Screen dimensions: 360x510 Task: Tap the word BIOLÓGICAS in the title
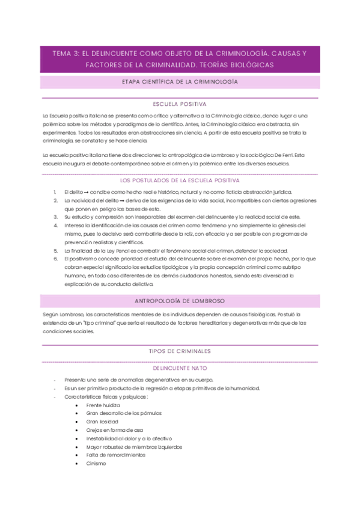[251, 64]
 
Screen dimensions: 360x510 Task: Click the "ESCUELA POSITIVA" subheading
[180, 103]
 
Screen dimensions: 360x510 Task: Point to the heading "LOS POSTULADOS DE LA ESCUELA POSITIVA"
[180, 180]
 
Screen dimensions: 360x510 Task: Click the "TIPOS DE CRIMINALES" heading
[180, 351]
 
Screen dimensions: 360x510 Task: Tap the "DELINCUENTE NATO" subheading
[180, 367]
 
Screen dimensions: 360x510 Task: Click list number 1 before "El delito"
[55, 191]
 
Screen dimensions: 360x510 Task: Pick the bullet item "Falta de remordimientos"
[115, 455]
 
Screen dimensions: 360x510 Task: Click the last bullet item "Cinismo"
[96, 464]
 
